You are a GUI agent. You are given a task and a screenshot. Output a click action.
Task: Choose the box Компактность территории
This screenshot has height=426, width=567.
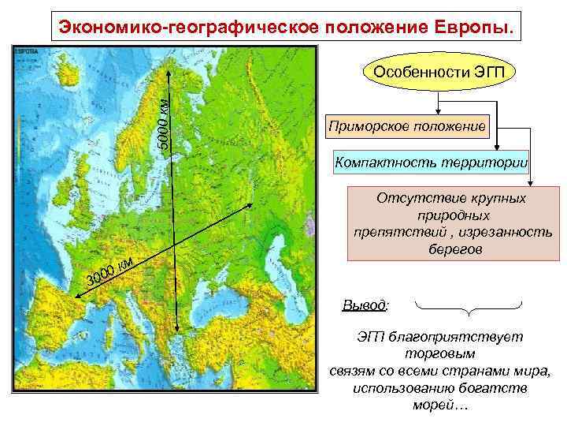pyautogui.click(x=431, y=163)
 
